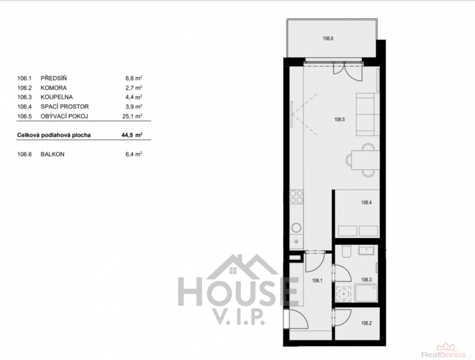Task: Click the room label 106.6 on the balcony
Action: (x=328, y=38)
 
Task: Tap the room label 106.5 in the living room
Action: (x=339, y=119)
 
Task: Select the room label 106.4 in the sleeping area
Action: (x=366, y=202)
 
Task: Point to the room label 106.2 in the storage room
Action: (x=366, y=323)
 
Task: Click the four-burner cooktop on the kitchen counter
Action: (x=296, y=196)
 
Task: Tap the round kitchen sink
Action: (x=296, y=228)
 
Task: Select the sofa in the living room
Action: (x=368, y=114)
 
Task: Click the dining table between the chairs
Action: (x=365, y=159)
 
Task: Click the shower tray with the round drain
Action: (x=344, y=293)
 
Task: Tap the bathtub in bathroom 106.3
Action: (x=366, y=293)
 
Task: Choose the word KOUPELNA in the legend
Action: (x=57, y=97)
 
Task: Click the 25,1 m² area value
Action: (x=132, y=116)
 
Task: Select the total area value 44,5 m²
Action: (x=132, y=135)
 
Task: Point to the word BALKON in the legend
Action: (x=53, y=154)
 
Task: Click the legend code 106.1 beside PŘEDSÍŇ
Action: (x=24, y=78)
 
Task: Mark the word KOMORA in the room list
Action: (x=53, y=88)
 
